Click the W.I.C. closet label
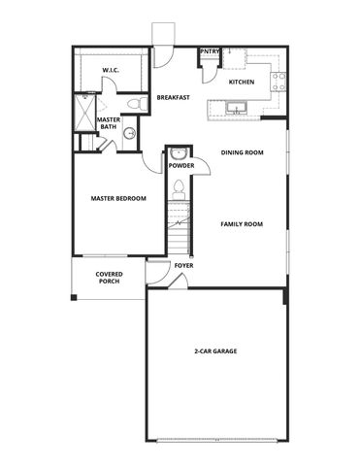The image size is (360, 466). pyautogui.click(x=111, y=70)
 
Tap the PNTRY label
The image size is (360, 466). pyautogui.click(x=209, y=51)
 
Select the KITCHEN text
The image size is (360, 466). pyautogui.click(x=242, y=82)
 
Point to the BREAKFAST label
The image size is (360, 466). pyautogui.click(x=172, y=97)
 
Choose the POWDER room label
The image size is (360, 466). pyautogui.click(x=181, y=165)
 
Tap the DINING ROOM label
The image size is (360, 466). pyautogui.click(x=243, y=151)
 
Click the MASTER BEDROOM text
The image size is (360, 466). pyautogui.click(x=118, y=198)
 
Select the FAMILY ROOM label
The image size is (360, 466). pyautogui.click(x=242, y=224)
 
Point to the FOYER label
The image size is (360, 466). pyautogui.click(x=182, y=265)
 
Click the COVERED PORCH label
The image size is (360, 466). pyautogui.click(x=109, y=277)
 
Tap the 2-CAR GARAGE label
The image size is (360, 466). pyautogui.click(x=216, y=350)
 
